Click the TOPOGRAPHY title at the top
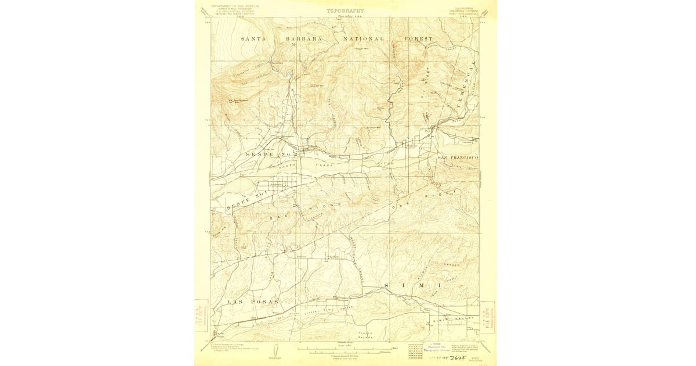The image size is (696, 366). point(345,10)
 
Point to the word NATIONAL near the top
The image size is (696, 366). point(363,38)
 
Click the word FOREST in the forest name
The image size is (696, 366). point(419,38)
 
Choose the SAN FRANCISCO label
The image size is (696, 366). point(458,158)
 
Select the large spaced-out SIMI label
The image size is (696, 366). point(413,287)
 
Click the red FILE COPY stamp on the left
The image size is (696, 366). point(201,317)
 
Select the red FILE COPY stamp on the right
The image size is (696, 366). point(488,317)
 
